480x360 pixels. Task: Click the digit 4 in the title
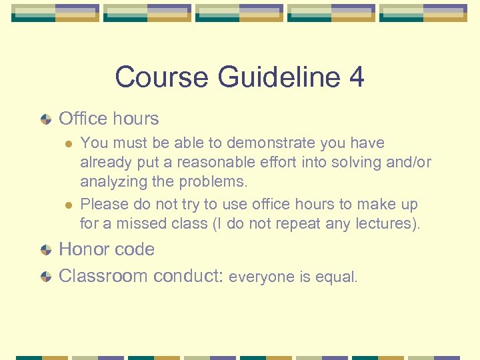356,77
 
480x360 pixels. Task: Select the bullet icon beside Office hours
45,119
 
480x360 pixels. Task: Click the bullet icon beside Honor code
45,250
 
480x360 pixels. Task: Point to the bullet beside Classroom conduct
45,277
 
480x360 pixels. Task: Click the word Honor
81,249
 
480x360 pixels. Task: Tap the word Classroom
103,276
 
